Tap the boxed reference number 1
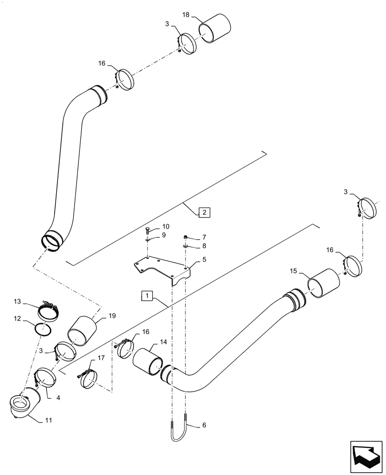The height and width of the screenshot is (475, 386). click(147, 296)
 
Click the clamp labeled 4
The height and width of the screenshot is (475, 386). click(47, 378)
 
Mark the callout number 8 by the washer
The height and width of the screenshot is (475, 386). click(203, 246)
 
